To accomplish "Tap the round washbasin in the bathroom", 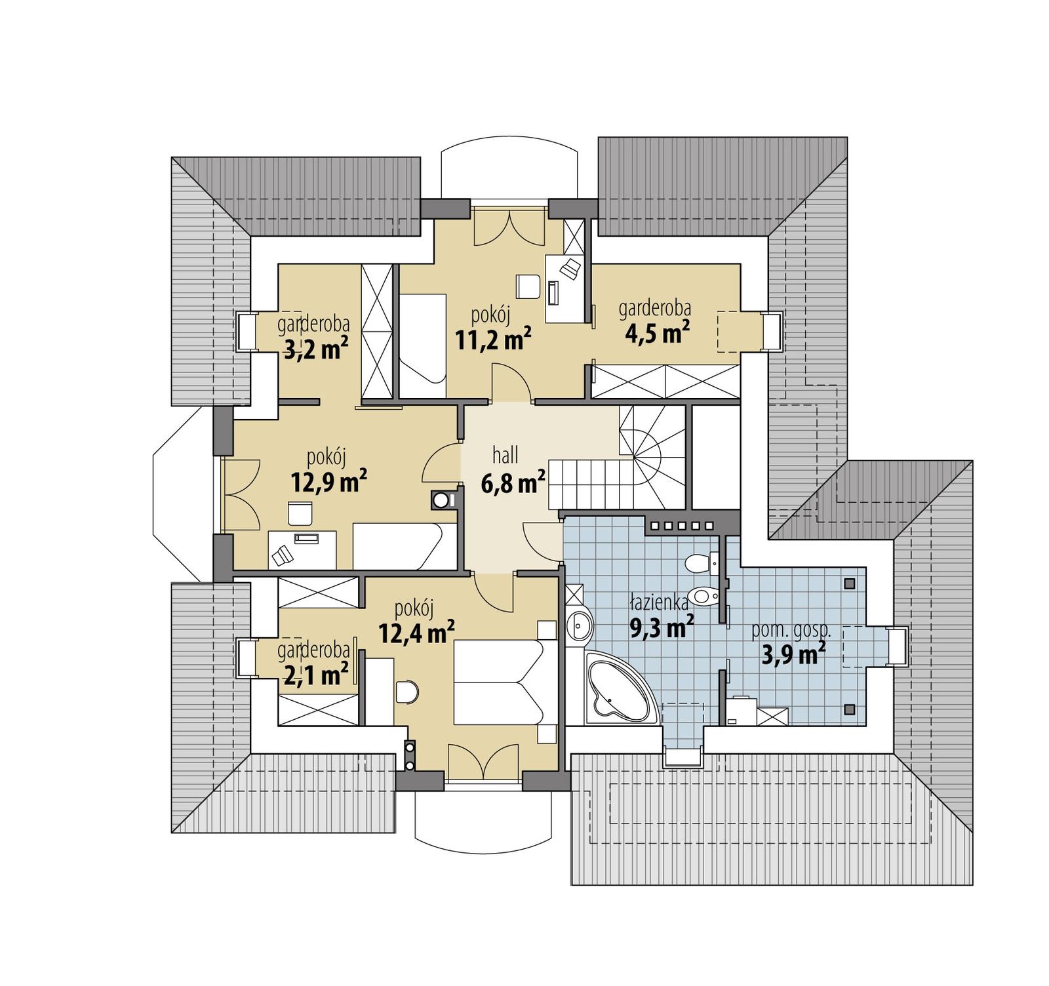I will (x=579, y=626).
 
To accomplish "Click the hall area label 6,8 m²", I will (x=513, y=484).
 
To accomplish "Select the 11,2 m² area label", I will (x=492, y=339).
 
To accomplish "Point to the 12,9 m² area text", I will (x=328, y=482).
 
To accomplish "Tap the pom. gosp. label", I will (x=791, y=631).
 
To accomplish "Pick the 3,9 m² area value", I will (x=793, y=654).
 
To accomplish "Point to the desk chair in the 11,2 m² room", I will (x=528, y=286).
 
